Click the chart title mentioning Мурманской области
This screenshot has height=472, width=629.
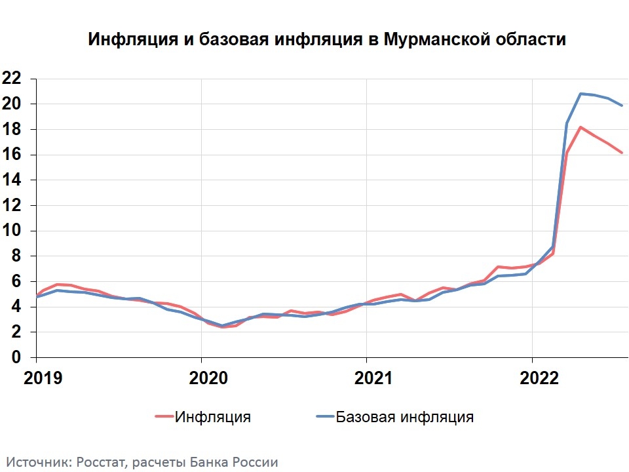click(x=326, y=40)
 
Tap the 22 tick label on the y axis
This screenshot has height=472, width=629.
click(x=12, y=79)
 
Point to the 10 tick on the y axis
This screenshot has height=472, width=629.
click(x=12, y=231)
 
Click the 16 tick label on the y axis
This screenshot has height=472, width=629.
click(x=12, y=155)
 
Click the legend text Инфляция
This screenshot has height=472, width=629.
click(x=213, y=417)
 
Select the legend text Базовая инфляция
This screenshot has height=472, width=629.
click(x=405, y=417)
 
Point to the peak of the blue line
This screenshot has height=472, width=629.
click(x=581, y=94)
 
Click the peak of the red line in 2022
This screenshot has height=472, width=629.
click(x=581, y=127)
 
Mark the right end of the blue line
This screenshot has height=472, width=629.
click(x=622, y=106)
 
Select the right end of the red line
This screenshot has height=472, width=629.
click(x=622, y=153)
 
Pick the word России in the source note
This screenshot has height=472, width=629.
click(x=256, y=462)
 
